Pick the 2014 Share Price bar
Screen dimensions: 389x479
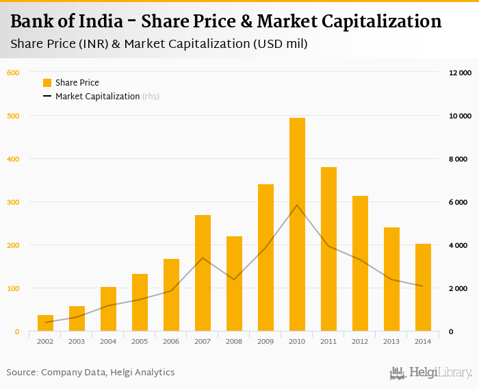[x=423, y=288]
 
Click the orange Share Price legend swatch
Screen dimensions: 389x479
[x=47, y=83]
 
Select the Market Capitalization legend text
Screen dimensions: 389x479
[x=98, y=97]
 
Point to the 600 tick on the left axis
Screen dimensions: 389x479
[x=13, y=73]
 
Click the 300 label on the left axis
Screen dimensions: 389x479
[x=13, y=202]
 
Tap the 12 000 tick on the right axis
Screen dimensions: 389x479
[x=460, y=73]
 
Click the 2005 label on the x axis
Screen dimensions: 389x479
[x=140, y=341]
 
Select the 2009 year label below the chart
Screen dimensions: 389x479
[x=266, y=341]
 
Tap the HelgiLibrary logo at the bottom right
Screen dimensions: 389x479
[x=430, y=373]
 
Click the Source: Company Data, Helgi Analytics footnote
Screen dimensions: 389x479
[x=91, y=373]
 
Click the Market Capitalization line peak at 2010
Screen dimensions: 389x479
[x=297, y=205]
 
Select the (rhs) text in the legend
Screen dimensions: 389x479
[x=151, y=97]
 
